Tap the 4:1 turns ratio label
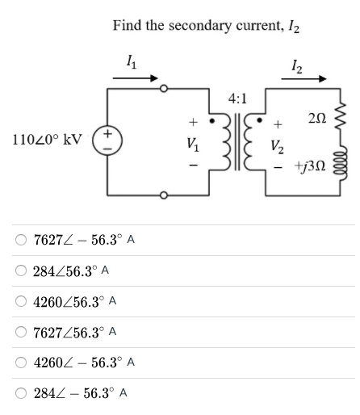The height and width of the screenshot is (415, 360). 237,99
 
